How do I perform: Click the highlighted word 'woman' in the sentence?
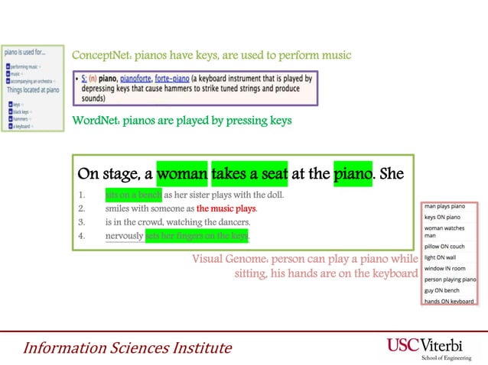pyautogui.click(x=182, y=174)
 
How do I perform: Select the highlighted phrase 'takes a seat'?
pyautogui.click(x=249, y=174)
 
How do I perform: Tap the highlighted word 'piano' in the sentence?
pyautogui.click(x=353, y=174)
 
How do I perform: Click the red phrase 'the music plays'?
pyautogui.click(x=226, y=208)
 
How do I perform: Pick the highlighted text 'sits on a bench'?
pyautogui.click(x=134, y=195)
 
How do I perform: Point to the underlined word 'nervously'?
pyautogui.click(x=124, y=236)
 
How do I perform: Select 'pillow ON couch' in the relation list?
pyautogui.click(x=444, y=247)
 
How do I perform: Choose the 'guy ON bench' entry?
pyautogui.click(x=441, y=291)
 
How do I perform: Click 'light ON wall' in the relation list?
pyautogui.click(x=441, y=258)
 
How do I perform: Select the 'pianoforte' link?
pyautogui.click(x=133, y=79)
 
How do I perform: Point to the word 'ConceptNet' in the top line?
pyautogui.click(x=98, y=55)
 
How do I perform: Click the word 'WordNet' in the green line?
pyautogui.click(x=94, y=120)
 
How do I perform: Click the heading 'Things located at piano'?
pyautogui.click(x=32, y=90)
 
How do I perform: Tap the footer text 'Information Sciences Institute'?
pyautogui.click(x=126, y=348)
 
